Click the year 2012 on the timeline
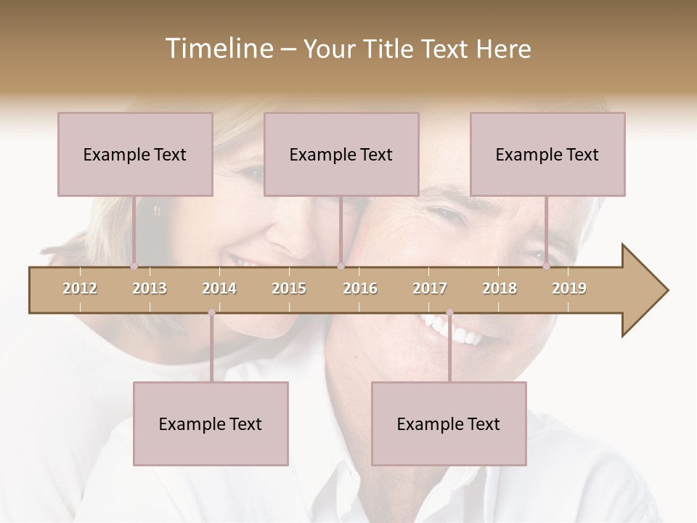click(x=80, y=288)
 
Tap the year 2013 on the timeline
click(x=150, y=288)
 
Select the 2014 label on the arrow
click(x=219, y=288)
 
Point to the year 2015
click(x=289, y=288)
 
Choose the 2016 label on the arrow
click(x=360, y=288)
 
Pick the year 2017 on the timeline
click(x=430, y=288)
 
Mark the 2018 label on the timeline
click(x=500, y=288)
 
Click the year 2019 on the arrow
click(x=569, y=288)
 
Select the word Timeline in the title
click(x=218, y=49)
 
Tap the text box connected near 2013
click(x=135, y=154)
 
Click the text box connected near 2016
click(x=341, y=154)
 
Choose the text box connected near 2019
click(x=547, y=154)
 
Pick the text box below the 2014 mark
click(x=211, y=423)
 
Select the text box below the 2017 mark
click(x=449, y=423)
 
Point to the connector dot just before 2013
click(x=134, y=267)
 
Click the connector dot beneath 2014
click(x=211, y=312)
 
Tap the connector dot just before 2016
click(x=341, y=267)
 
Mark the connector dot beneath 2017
click(x=449, y=312)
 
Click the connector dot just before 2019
click(x=546, y=267)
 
